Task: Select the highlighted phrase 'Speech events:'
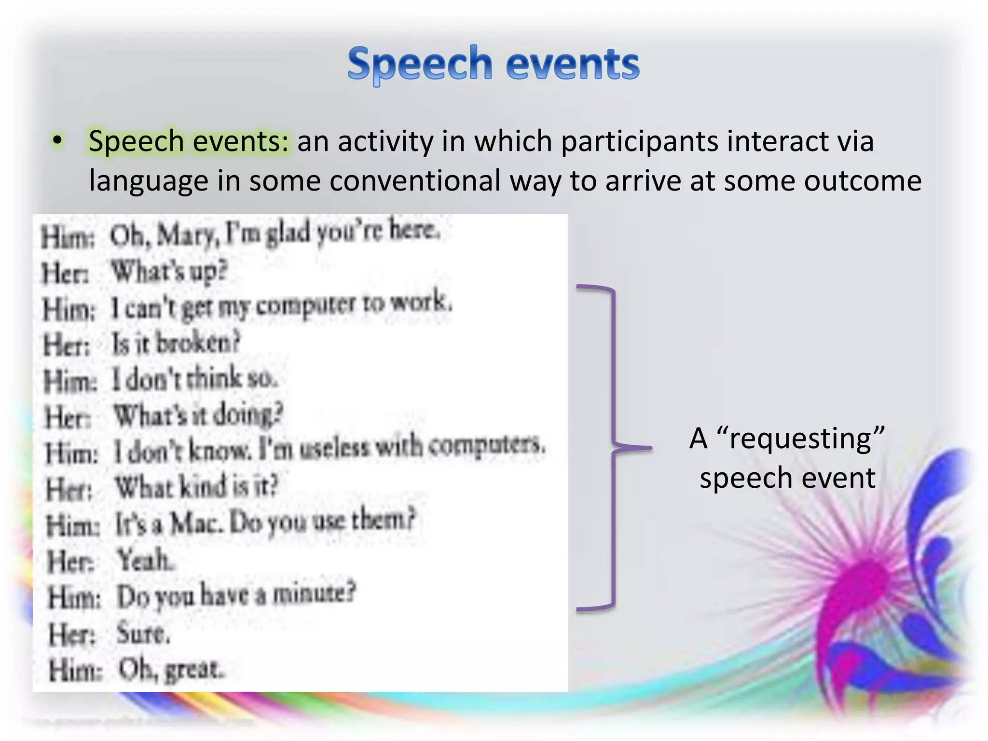[x=189, y=141]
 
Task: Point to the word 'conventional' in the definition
[x=415, y=181]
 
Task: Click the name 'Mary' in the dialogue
[x=186, y=235]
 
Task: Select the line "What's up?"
[x=169, y=272]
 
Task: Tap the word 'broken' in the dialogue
[x=198, y=343]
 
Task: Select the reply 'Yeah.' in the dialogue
[x=145, y=561]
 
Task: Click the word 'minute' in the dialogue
[x=313, y=594]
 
